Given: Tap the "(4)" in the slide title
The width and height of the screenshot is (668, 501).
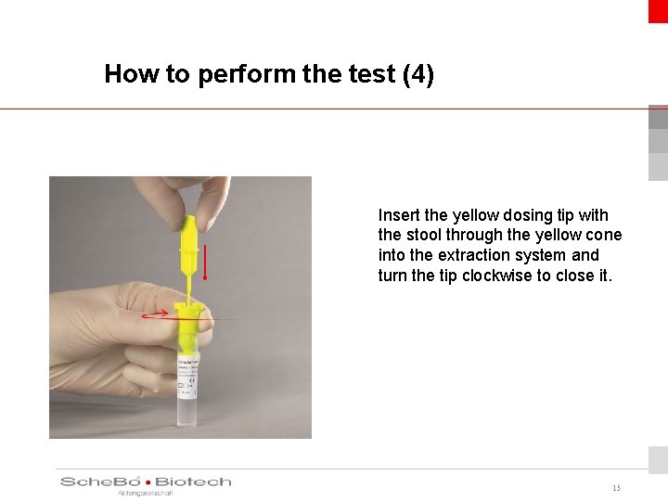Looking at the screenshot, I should pos(417,74).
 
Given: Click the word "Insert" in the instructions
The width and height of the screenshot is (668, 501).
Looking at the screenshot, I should pos(399,214).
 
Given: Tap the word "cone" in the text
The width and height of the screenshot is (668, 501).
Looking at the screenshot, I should pos(603,235).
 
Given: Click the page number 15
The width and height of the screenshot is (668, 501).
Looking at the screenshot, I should pos(616,488).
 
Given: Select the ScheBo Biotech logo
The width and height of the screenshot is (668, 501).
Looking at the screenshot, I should pos(146,482).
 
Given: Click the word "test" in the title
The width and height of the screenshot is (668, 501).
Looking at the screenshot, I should pos(374,74).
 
